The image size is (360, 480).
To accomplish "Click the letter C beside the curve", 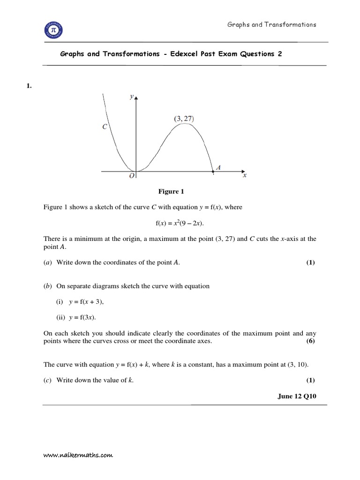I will tap(105, 127).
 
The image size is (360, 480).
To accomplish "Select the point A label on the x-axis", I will tap(218, 166).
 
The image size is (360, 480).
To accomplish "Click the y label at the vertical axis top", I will tap(132, 97).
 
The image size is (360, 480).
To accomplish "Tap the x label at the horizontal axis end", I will tap(245, 176).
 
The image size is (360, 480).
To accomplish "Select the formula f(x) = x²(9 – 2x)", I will tap(180, 223).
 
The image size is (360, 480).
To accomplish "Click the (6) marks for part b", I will tap(311, 341).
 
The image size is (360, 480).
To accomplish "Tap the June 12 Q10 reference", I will tap(297, 397).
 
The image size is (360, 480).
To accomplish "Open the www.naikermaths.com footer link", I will tap(78, 455).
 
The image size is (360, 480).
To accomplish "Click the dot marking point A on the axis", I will tap(213, 172).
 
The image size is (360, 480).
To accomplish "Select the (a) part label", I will tap(47, 263).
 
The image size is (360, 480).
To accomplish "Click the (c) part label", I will tap(47, 380).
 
